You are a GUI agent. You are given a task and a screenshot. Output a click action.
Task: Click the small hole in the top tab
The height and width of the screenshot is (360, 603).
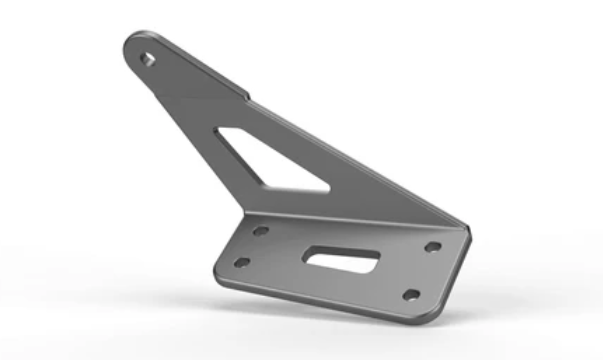pos(148,58)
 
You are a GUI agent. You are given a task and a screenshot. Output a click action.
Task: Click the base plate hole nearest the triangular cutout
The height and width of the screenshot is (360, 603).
pos(260,230)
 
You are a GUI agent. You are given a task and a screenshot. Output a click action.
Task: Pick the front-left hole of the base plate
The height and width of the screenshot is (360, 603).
pos(241,263)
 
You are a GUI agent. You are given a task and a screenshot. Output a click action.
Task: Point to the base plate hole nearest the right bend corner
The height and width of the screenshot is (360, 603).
pos(432,246)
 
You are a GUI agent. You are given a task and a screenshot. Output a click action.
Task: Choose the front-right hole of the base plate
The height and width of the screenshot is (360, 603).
pos(410,294)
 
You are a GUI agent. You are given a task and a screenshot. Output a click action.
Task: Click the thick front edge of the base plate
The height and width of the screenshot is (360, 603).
pos(320,301)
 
